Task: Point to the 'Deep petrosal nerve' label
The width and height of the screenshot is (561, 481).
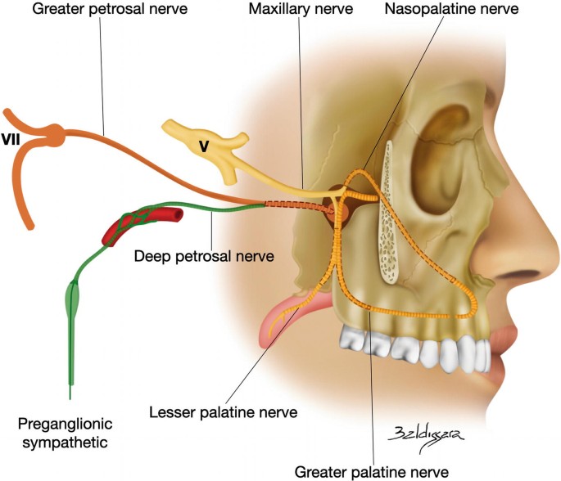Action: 203,256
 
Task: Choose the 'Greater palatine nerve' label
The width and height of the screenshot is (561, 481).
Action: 373,472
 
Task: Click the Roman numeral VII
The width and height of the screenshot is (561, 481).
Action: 11,140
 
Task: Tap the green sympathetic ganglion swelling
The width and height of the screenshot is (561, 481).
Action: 74,301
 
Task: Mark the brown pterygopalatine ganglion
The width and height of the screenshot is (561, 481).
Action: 337,212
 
